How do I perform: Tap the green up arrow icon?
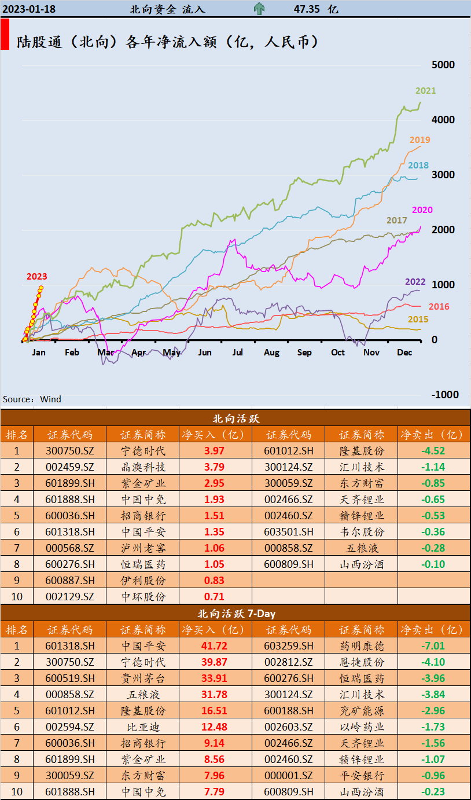click(x=259, y=9)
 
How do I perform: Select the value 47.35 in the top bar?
click(x=307, y=9)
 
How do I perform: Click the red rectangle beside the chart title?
click(x=5, y=34)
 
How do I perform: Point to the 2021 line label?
click(x=425, y=91)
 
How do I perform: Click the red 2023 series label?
click(x=36, y=277)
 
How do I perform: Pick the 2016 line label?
click(x=439, y=307)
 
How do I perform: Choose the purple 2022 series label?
click(x=415, y=282)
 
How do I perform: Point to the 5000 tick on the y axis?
click(x=444, y=65)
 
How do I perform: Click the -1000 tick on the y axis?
click(x=444, y=395)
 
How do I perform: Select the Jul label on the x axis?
click(x=238, y=353)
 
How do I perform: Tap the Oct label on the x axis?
click(x=338, y=353)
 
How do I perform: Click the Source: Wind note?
click(x=32, y=399)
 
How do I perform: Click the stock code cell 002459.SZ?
click(x=69, y=467)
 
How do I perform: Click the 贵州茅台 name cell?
click(x=143, y=678)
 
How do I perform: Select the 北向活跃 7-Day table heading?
click(x=235, y=613)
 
